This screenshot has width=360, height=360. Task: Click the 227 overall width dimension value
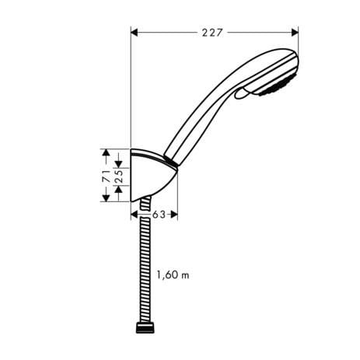coord(215,33)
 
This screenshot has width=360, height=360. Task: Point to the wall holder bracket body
coord(152,175)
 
